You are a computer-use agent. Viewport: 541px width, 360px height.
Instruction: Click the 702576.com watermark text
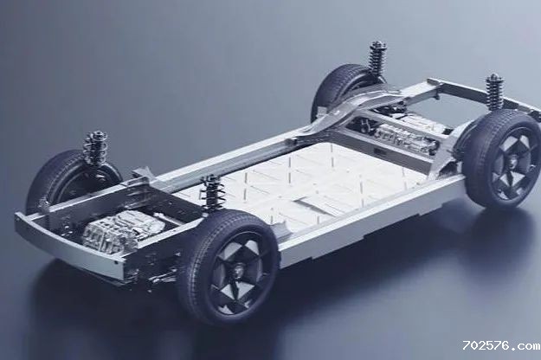(501, 345)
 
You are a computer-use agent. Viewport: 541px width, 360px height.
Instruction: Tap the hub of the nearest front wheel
(238, 268)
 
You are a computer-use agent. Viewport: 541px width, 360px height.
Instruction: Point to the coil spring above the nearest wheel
(214, 192)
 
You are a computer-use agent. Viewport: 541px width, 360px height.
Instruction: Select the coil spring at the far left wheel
(95, 147)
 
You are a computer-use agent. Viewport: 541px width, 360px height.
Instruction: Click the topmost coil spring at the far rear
(377, 60)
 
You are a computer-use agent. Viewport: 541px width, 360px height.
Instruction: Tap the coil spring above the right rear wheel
(495, 92)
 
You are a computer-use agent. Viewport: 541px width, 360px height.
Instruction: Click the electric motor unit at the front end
(123, 230)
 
